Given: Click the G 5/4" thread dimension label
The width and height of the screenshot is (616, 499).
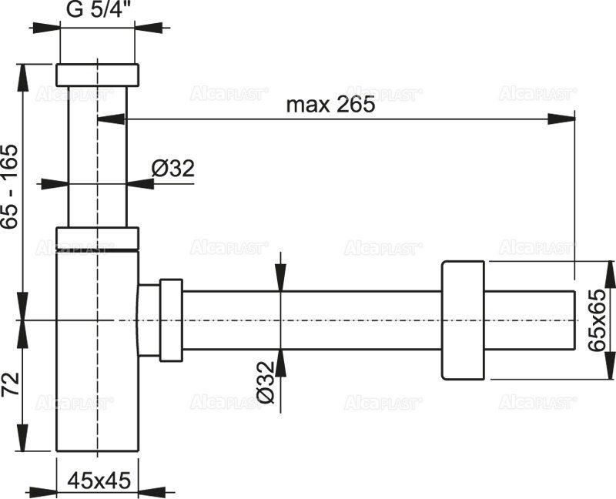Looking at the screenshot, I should (x=97, y=12).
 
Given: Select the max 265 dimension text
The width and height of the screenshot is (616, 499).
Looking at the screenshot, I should (x=330, y=105).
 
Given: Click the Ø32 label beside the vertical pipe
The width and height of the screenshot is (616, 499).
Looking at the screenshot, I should (x=172, y=168).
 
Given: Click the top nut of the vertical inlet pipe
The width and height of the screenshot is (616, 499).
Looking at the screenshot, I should (x=98, y=75).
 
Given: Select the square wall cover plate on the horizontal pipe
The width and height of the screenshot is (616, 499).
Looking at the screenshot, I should (x=463, y=320).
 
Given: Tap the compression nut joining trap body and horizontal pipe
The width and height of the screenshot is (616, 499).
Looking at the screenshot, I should (x=170, y=320).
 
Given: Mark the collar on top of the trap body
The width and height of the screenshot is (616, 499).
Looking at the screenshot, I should (x=98, y=239).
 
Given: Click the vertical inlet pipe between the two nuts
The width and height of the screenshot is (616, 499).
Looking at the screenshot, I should (x=98, y=154).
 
